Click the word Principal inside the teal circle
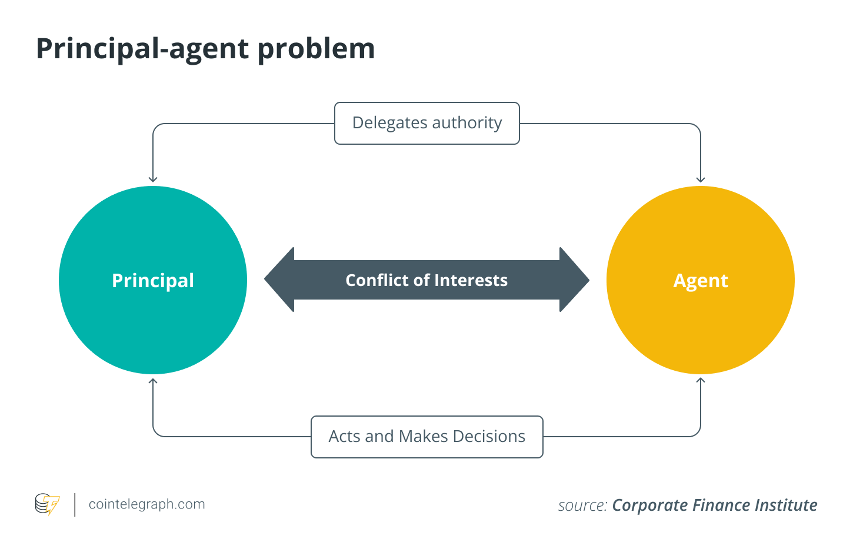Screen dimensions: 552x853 (153, 281)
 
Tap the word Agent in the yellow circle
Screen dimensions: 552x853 (701, 281)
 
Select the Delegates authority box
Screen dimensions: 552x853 (427, 123)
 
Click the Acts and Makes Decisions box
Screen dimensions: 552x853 (427, 437)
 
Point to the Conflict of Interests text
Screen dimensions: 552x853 (426, 280)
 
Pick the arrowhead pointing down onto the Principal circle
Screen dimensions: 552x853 (153, 179)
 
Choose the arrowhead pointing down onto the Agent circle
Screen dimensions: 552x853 (701, 179)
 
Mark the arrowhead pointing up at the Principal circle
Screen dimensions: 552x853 (153, 381)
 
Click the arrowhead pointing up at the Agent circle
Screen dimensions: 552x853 (701, 381)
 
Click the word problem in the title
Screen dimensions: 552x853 (316, 49)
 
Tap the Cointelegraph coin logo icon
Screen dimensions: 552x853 (47, 504)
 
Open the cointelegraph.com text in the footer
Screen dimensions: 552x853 (146, 504)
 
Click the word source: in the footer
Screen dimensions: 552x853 (582, 506)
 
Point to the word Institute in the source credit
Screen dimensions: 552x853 (786, 506)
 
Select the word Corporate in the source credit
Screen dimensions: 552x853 (650, 506)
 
